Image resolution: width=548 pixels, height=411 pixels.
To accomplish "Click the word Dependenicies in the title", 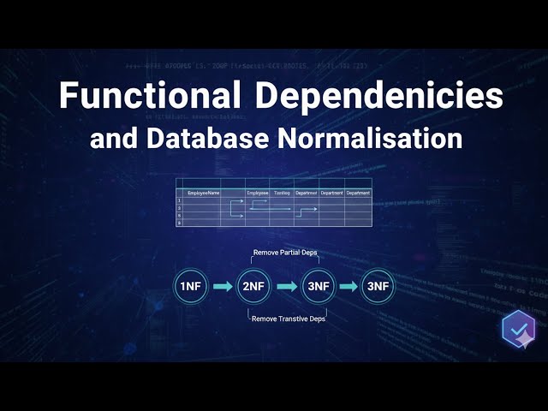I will [378, 96].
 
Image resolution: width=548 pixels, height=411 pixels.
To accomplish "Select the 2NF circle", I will [253, 286].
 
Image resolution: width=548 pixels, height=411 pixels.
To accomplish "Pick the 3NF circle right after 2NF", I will [317, 286].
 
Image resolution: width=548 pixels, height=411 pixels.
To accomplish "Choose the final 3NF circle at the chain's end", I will [378, 286].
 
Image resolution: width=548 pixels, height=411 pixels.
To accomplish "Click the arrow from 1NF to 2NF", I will [222, 286].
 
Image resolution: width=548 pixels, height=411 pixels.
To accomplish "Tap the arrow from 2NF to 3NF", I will [285, 286].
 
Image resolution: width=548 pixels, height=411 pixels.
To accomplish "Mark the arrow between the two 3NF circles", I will [348, 286].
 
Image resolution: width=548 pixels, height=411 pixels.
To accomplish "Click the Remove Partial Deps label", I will [285, 253].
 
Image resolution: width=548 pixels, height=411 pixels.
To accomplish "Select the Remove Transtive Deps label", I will [288, 319].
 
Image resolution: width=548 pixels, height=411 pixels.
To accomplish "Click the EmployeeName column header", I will [204, 194].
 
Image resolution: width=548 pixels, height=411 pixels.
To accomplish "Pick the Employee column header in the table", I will [258, 194].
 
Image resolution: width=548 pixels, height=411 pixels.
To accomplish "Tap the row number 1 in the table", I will [179, 200].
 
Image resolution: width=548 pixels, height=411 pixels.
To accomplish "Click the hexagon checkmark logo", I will [518, 330].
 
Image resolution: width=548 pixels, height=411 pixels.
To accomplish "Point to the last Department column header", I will [358, 194].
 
